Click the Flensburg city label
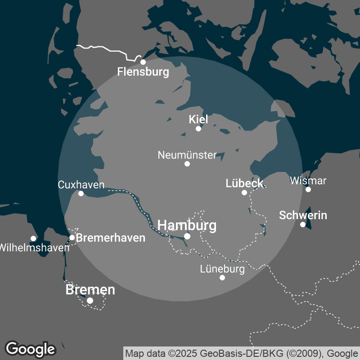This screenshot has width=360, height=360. tap(143, 72)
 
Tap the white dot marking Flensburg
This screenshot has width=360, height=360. tap(143, 62)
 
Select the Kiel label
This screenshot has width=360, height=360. tap(198, 119)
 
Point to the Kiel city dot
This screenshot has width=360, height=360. tap(198, 129)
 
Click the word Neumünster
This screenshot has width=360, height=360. tap(187, 155)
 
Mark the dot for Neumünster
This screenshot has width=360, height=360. tap(187, 164)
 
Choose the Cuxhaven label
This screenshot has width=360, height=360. tap(81, 184)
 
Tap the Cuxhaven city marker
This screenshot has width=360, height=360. tap(81, 193)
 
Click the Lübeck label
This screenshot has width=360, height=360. tap(244, 183)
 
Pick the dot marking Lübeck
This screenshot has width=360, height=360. tap(244, 193)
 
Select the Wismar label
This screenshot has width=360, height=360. tap(308, 181)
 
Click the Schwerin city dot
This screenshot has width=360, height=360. tap(303, 225)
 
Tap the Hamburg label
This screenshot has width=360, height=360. tap(187, 225)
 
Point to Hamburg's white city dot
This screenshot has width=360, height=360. tap(187, 236)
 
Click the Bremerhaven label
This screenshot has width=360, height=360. tap(111, 238)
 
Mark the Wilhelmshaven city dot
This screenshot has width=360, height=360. tap(33, 238)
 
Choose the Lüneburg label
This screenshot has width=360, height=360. tap(222, 269)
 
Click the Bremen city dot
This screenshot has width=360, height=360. tap(90, 301)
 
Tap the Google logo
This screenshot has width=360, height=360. tap(30, 349)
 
